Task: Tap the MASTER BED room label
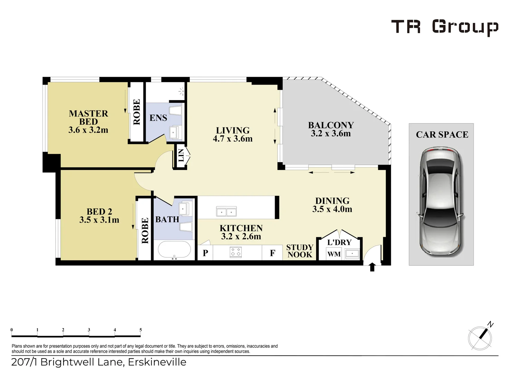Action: click(88, 117)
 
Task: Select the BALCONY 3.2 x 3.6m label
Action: click(331, 129)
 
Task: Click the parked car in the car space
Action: click(441, 202)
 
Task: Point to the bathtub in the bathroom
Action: click(174, 249)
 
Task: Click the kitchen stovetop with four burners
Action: click(236, 252)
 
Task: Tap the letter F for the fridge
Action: click(272, 253)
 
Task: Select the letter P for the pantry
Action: click(205, 253)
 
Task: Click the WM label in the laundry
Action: click(334, 254)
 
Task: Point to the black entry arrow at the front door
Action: click(372, 267)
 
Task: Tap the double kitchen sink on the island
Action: click(226, 211)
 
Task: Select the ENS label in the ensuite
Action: click(158, 118)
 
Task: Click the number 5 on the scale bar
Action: click(140, 329)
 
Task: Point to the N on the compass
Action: click(490, 325)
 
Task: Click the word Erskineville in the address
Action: click(157, 362)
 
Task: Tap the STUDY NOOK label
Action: click(300, 251)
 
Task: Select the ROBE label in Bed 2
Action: click(145, 230)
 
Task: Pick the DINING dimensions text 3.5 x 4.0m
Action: click(332, 209)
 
